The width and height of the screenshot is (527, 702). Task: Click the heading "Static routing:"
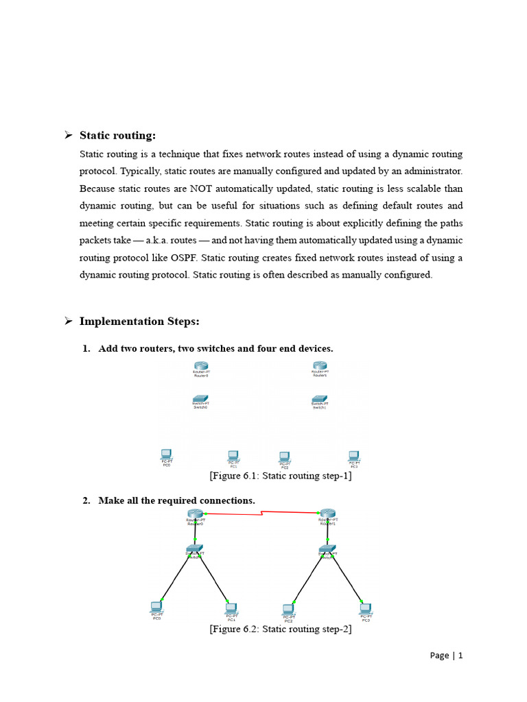(x=117, y=136)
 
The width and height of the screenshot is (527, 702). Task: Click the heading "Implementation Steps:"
(x=139, y=321)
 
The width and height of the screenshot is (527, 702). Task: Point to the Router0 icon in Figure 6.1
(x=201, y=367)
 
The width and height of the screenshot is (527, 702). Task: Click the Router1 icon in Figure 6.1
(x=320, y=367)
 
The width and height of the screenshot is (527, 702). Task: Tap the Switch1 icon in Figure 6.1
(x=320, y=398)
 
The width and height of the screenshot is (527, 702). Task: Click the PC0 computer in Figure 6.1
(x=166, y=455)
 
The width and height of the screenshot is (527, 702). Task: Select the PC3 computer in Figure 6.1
(x=354, y=455)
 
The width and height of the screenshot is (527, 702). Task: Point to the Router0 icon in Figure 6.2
(x=195, y=514)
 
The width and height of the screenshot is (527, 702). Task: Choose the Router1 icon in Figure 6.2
(x=327, y=514)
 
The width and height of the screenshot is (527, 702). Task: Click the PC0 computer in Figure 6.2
(x=156, y=607)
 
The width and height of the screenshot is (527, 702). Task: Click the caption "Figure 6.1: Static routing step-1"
(x=281, y=476)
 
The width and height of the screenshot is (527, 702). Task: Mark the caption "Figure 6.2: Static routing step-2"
(x=281, y=629)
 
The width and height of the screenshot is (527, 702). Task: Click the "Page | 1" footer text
(x=447, y=655)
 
